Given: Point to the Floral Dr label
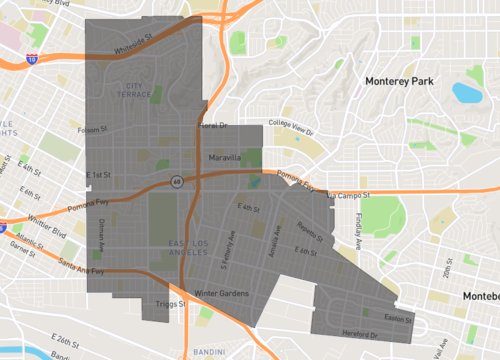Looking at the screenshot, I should (x=213, y=126).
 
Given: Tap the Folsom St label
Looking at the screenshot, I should (x=91, y=129).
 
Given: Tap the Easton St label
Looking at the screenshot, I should (x=398, y=318).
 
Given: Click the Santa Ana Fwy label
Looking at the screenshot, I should (x=80, y=265).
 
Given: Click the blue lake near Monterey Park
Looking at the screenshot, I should (x=466, y=94).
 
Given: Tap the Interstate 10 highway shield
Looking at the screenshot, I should (x=33, y=60).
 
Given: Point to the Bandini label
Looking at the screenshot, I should (x=208, y=352).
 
